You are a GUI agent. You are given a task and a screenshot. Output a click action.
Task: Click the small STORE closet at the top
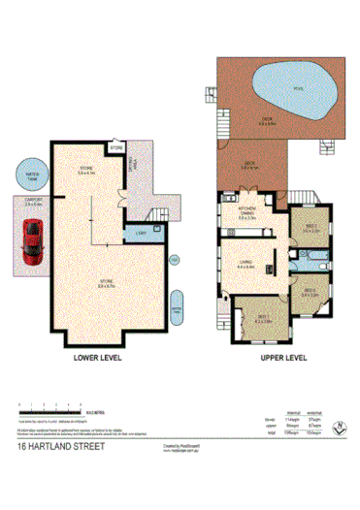[117, 149]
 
